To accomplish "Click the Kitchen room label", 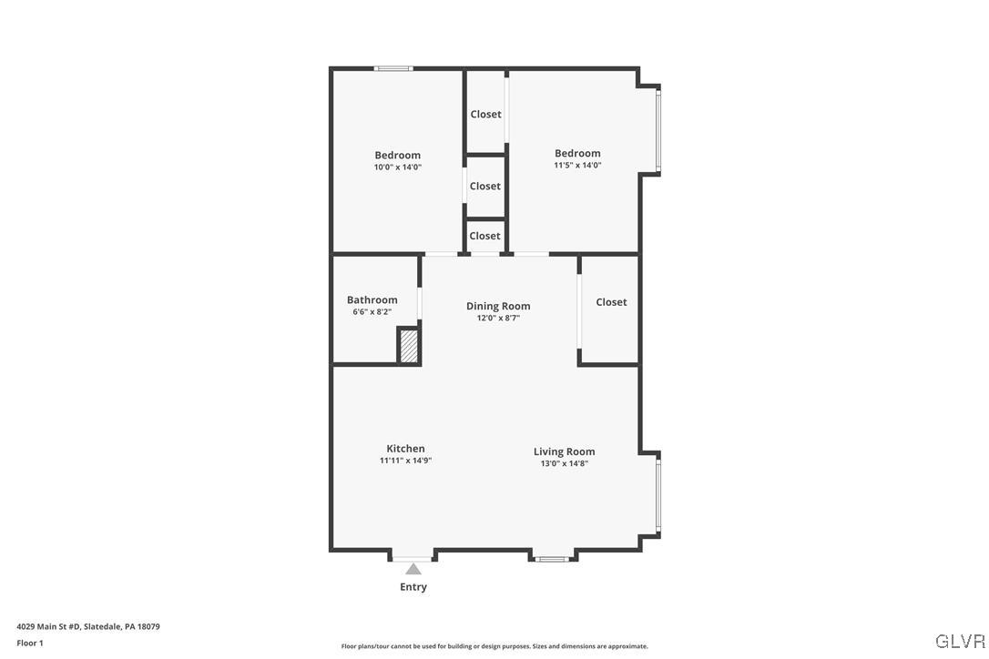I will pyautogui.click(x=405, y=449).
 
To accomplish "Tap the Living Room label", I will pyautogui.click(x=564, y=451).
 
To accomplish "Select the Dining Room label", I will pyautogui.click(x=498, y=306).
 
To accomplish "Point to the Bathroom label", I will pyautogui.click(x=372, y=299).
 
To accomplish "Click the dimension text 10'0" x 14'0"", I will pyautogui.click(x=398, y=167).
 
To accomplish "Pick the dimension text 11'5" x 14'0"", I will pyautogui.click(x=577, y=166).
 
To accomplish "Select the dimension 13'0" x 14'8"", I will pyautogui.click(x=564, y=464).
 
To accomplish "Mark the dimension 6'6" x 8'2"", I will pyautogui.click(x=372, y=312).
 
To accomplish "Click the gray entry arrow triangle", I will pyautogui.click(x=413, y=569).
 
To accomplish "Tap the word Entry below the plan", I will pyautogui.click(x=413, y=587).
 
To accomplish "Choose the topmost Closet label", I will pyautogui.click(x=485, y=114).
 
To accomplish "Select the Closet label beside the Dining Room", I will pyautogui.click(x=611, y=302).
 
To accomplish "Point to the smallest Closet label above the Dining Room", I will pyautogui.click(x=484, y=236).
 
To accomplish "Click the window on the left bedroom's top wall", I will pyautogui.click(x=393, y=68).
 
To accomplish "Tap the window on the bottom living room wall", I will pyautogui.click(x=553, y=558).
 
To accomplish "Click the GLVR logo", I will pyautogui.click(x=960, y=641).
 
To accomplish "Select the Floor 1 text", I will pyautogui.click(x=30, y=644).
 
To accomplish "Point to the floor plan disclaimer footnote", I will pyautogui.click(x=494, y=646).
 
